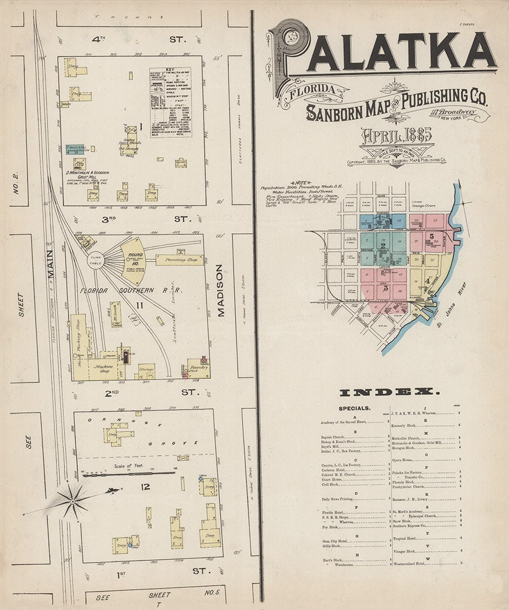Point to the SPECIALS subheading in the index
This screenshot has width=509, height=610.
(x=355, y=408)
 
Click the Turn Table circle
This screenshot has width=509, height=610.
(x=96, y=262)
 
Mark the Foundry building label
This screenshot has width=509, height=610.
(x=199, y=367)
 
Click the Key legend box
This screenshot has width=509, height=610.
(x=170, y=102)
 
